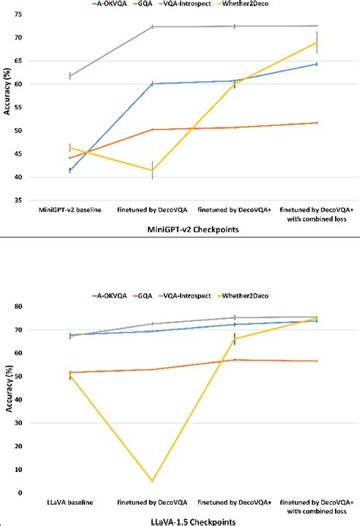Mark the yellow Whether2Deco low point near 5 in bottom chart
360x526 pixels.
(x=152, y=481)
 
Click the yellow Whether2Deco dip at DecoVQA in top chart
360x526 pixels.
(x=152, y=170)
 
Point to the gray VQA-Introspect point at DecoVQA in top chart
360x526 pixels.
(x=152, y=27)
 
